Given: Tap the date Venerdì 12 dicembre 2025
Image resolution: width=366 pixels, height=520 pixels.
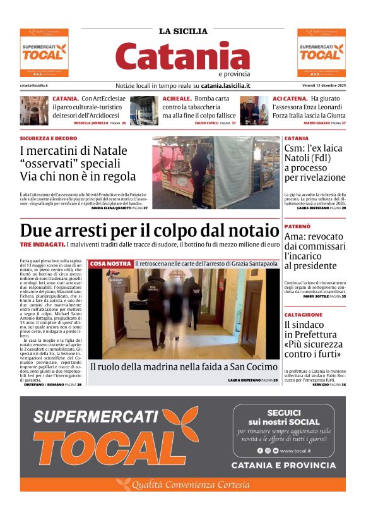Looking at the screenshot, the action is click(321, 85).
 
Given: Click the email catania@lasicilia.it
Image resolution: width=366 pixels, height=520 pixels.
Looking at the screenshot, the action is click(34, 85).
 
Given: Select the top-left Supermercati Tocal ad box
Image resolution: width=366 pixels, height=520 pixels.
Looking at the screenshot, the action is click(44, 53).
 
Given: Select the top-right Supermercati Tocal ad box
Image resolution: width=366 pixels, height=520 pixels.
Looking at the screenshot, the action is click(321, 53).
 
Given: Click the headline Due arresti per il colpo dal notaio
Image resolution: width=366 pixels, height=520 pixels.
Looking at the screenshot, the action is click(149, 231).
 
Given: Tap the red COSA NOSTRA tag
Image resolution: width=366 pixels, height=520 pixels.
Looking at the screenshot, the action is click(110, 263).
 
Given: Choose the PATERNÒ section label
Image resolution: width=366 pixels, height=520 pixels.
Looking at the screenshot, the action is click(297, 226).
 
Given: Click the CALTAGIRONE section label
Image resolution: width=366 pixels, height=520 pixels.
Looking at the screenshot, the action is click(304, 315).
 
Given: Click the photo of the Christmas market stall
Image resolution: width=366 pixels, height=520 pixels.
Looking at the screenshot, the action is click(215, 172).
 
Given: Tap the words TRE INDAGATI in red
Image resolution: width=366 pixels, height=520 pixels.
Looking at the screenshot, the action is click(42, 244).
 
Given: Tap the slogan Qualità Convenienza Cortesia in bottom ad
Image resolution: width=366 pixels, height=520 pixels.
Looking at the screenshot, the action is click(183, 485).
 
